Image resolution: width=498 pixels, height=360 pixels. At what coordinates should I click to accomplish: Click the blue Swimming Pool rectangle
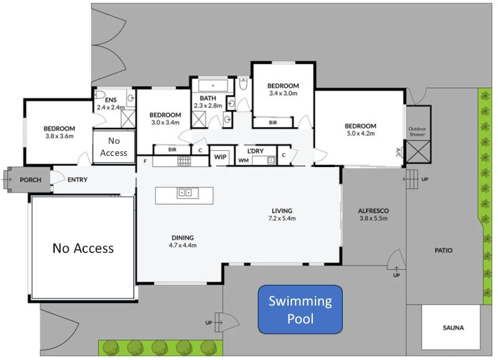(300, 310)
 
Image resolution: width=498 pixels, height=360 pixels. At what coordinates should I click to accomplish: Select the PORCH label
(30, 181)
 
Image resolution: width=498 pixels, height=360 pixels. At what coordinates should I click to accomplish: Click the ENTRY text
(77, 181)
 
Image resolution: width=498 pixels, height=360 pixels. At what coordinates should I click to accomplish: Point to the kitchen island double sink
(185, 193)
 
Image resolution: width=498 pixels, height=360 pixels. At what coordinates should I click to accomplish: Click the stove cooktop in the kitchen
(184, 161)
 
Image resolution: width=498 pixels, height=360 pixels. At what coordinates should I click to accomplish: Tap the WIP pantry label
(220, 157)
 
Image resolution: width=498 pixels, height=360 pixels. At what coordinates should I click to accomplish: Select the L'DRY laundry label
(256, 151)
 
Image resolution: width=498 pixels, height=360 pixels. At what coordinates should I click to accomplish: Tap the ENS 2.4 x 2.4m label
(111, 104)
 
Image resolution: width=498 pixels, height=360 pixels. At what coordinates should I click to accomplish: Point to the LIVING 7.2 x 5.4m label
(281, 214)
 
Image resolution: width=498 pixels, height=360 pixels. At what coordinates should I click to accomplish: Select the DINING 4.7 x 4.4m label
(183, 241)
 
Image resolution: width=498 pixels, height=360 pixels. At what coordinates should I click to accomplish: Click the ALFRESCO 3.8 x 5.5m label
(373, 214)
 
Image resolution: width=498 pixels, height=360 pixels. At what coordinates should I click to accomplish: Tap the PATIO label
(443, 251)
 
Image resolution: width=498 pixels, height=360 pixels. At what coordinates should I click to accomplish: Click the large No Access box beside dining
(83, 248)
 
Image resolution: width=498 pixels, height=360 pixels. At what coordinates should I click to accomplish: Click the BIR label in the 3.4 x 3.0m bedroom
(273, 123)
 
